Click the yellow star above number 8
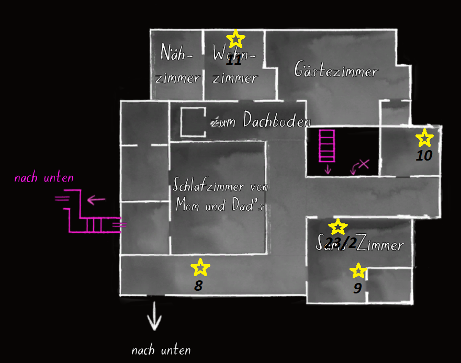click(200, 267)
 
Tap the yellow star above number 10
click(424, 138)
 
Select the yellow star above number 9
click(358, 271)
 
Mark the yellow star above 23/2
click(338, 227)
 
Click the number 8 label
click(198, 286)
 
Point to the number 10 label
click(424, 155)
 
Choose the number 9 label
click(357, 289)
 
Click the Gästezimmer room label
click(336, 70)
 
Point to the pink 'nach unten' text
click(44, 178)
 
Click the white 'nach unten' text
click(161, 350)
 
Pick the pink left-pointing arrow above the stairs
click(96, 199)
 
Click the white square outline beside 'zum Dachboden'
click(193, 122)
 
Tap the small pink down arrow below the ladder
click(328, 169)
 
